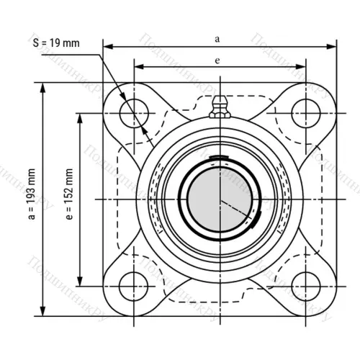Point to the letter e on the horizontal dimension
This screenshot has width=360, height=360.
point(217,60)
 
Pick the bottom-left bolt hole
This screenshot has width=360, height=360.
point(133,282)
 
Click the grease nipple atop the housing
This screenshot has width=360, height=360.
point(218,110)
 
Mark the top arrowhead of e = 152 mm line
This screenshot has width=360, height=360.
point(80,114)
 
